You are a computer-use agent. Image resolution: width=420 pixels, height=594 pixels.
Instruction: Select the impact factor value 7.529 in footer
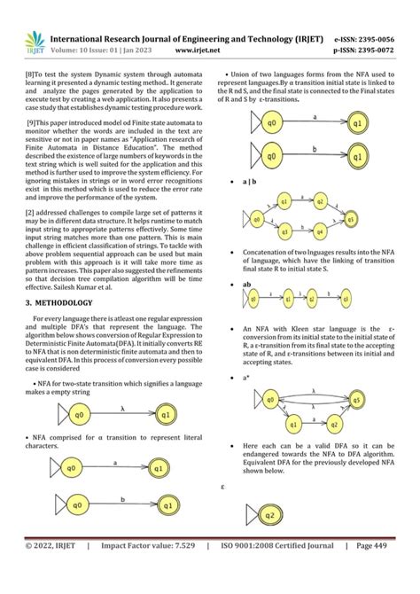(x=167, y=571)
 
